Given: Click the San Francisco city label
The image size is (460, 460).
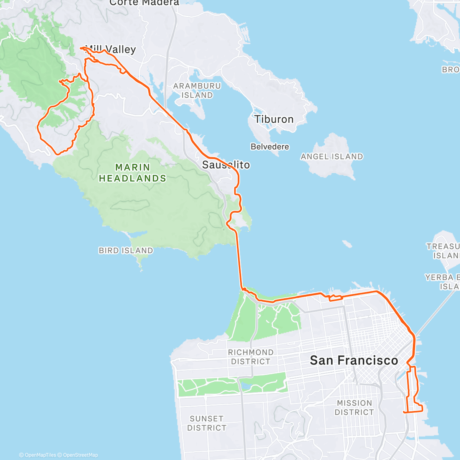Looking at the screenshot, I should click(354, 360).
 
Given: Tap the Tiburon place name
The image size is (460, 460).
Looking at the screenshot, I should click(274, 119).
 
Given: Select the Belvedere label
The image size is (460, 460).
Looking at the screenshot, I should click(270, 146).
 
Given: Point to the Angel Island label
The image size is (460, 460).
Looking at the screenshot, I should click(332, 156).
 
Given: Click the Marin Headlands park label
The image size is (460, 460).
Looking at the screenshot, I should click(133, 173).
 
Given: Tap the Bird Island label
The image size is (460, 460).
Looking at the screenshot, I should click(126, 250).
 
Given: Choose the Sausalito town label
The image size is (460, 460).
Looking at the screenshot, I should click(226, 165).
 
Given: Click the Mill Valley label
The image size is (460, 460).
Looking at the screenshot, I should click(111, 49).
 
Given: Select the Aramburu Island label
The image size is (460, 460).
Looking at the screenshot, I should click(197, 90).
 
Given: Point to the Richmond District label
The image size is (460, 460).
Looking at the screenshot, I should click(251, 357).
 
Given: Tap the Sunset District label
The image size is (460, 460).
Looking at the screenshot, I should click(207, 423).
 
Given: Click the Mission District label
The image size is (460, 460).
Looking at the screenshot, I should click(354, 407).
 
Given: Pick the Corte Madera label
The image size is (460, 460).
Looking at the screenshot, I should click(144, 3).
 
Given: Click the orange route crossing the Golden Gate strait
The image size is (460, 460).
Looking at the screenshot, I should click(240, 261).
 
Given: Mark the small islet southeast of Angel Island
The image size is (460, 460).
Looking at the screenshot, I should click(347, 244).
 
